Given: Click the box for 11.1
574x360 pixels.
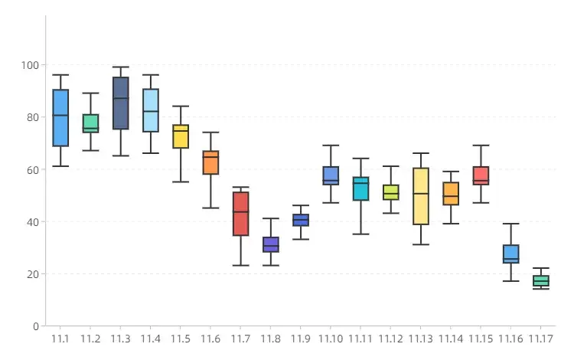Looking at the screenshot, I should click(x=60, y=117).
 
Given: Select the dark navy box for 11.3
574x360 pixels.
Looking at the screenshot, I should click(x=120, y=103).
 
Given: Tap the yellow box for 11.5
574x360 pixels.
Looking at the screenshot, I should click(x=181, y=136).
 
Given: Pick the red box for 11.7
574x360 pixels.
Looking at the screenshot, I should click(x=240, y=214).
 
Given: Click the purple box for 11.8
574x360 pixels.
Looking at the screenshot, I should click(x=271, y=244).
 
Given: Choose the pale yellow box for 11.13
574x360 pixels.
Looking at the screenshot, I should click(x=420, y=196).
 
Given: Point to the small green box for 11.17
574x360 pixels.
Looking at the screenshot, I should click(x=540, y=281).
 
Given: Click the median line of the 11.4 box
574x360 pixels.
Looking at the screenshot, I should click(x=151, y=111).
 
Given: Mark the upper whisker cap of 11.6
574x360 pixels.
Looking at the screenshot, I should click(x=210, y=133).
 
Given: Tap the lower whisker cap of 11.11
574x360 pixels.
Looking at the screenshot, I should click(x=360, y=234).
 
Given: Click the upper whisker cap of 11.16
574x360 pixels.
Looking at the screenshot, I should click(x=510, y=224).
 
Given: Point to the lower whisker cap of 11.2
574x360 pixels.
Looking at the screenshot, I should click(x=90, y=150).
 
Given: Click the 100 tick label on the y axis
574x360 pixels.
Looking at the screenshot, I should click(x=30, y=65).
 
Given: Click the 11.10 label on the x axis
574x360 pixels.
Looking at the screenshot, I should click(x=331, y=339).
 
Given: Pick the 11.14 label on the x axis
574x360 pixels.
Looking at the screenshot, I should click(x=451, y=339).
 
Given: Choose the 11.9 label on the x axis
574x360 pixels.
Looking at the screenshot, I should click(x=301, y=339).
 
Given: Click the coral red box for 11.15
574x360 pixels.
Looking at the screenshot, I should click(x=481, y=176).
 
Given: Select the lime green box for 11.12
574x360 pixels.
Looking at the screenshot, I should click(x=390, y=191).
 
